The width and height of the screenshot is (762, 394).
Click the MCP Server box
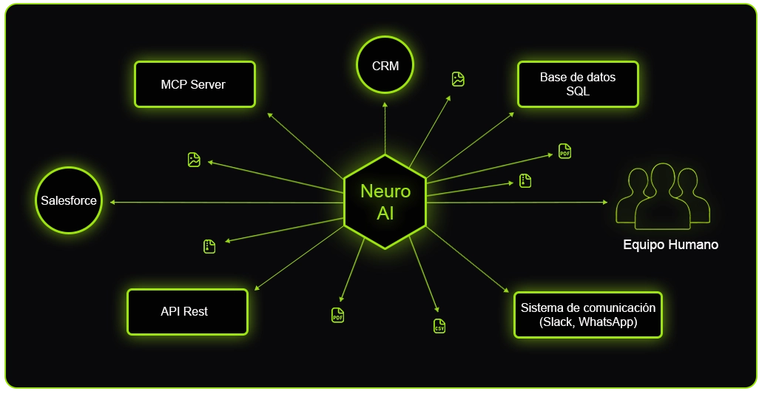(194, 84)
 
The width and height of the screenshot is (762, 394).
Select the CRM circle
(385, 66)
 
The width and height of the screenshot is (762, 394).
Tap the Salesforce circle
(68, 200)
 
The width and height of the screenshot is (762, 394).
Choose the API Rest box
(186, 312)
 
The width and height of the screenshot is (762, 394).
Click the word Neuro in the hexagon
(385, 191)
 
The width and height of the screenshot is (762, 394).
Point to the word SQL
(577, 91)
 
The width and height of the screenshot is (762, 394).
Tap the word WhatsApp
(607, 322)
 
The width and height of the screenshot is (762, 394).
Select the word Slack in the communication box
(558, 322)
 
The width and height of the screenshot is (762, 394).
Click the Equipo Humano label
(670, 245)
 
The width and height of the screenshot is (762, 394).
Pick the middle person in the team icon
(663, 194)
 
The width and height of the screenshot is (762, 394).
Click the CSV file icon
(439, 326)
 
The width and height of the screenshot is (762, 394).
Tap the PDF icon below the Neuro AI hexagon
(337, 315)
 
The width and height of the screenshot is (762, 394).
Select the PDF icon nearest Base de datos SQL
(564, 152)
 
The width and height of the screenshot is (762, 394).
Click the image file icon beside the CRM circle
(458, 79)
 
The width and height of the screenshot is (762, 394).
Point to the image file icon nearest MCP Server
(194, 160)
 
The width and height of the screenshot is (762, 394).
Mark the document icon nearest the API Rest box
(209, 247)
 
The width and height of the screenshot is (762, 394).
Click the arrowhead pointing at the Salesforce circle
(113, 202)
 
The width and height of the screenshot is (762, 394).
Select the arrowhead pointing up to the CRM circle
(385, 106)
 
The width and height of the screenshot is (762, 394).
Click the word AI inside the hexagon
(385, 213)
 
